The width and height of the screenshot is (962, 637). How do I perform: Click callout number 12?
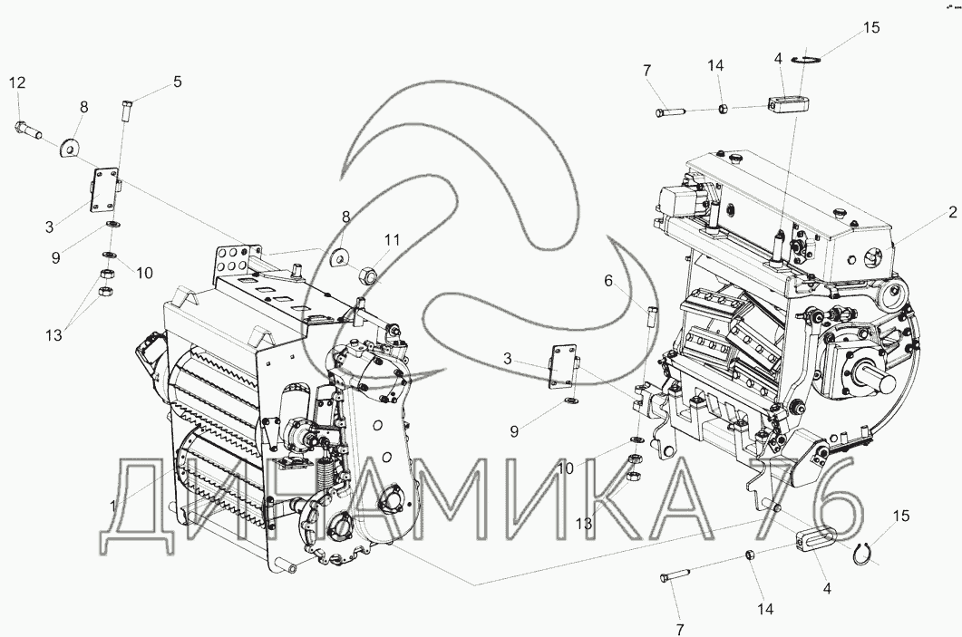pyautogui.click(x=17, y=82)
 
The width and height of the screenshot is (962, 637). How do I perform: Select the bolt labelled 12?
pyautogui.click(x=27, y=130)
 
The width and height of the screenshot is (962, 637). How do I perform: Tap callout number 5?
pyautogui.click(x=178, y=82)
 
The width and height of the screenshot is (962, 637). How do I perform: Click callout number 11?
pyautogui.click(x=392, y=239)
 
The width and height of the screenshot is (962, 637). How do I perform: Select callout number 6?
pyautogui.click(x=608, y=281)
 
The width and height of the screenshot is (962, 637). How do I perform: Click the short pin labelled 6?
pyautogui.click(x=653, y=317)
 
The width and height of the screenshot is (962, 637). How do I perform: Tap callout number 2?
pyautogui.click(x=952, y=212)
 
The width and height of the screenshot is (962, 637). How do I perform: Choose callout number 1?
pyautogui.click(x=113, y=506)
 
